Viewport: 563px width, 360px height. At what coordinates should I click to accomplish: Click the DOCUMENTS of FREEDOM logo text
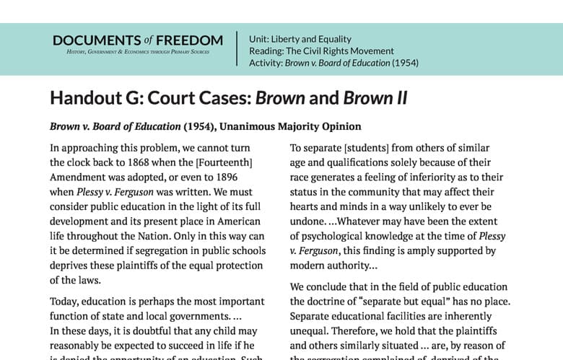138,40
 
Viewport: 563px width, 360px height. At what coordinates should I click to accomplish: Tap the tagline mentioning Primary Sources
138,53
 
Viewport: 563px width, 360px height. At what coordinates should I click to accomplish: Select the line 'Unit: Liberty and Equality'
300,39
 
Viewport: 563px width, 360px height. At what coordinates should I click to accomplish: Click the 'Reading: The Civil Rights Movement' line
321,51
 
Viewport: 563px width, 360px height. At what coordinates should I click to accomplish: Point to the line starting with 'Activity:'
333,63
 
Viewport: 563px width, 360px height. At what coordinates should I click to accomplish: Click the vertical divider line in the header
237,48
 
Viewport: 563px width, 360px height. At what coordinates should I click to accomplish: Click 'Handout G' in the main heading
90,98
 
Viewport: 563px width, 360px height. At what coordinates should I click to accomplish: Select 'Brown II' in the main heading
375,98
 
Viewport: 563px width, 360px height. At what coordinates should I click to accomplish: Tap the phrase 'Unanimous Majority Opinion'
291,126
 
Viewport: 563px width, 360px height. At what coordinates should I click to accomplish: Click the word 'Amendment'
77,177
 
